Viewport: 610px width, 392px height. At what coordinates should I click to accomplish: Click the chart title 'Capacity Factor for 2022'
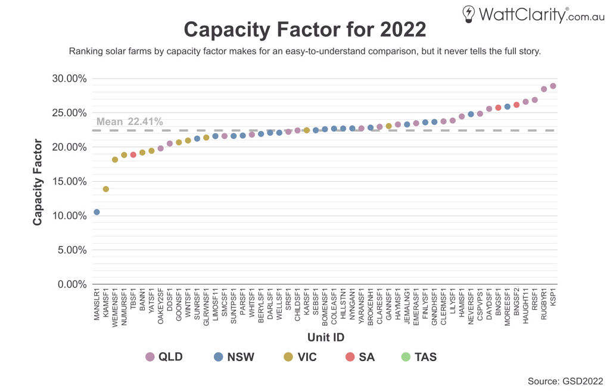[x=304, y=29]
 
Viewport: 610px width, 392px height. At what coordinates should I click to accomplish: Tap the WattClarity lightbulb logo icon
[x=469, y=14]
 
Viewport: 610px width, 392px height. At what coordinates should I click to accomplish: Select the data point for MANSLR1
[x=97, y=212]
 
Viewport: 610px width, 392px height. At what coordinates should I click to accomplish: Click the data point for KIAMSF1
[x=106, y=189]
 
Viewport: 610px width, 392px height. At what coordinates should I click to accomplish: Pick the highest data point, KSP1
[x=553, y=86]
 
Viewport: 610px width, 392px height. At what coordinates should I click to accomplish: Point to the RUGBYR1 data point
[x=544, y=89]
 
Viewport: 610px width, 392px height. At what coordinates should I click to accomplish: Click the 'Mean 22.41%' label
[x=129, y=122]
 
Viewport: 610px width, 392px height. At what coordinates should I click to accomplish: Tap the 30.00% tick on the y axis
[x=70, y=79]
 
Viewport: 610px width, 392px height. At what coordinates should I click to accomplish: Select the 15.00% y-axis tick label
[x=70, y=182]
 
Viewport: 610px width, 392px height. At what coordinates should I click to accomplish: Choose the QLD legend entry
[x=164, y=357]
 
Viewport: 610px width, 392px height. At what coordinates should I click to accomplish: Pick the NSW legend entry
[x=234, y=357]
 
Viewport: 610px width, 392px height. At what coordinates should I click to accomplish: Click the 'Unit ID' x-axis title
[x=326, y=337]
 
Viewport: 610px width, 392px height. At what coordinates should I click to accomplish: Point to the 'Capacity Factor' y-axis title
[x=38, y=182]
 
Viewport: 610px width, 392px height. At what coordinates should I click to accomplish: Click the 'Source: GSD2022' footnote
[x=565, y=381]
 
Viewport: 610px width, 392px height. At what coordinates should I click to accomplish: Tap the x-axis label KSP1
[x=553, y=298]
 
